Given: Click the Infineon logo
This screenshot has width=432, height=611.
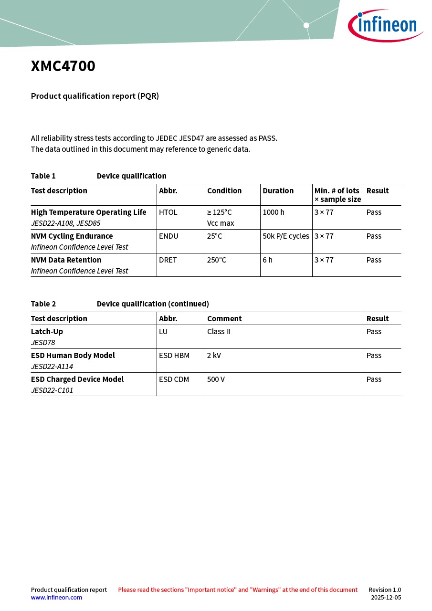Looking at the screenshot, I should pyautogui.click(x=385, y=25).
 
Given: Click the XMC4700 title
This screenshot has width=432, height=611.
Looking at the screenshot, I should pyautogui.click(x=63, y=66).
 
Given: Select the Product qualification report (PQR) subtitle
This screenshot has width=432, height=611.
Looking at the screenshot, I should pyautogui.click(x=95, y=96).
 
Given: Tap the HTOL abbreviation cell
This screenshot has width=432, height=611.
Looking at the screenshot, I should pyautogui.click(x=168, y=212).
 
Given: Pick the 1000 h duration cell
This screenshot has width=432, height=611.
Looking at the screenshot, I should pyautogui.click(x=274, y=212).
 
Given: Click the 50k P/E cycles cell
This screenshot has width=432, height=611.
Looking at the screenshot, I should pyautogui.click(x=286, y=236).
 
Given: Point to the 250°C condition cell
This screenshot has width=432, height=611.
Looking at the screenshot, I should pyautogui.click(x=217, y=260).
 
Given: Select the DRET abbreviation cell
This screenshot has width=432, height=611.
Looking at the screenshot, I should pyautogui.click(x=168, y=260).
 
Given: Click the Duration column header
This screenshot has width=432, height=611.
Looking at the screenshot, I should pyautogui.click(x=278, y=191).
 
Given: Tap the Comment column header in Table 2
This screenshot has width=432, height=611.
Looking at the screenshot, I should pyautogui.click(x=224, y=319).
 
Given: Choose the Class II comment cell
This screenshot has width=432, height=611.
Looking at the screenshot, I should pyautogui.click(x=219, y=332).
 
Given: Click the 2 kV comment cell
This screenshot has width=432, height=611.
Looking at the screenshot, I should pyautogui.click(x=214, y=356).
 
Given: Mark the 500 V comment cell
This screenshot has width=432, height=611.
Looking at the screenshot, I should pyautogui.click(x=216, y=379).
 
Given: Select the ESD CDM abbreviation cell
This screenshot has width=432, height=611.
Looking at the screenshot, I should pyautogui.click(x=174, y=379).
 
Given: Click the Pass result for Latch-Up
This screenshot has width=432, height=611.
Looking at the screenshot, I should pyautogui.click(x=374, y=332).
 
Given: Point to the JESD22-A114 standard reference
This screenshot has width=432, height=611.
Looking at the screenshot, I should pyautogui.click(x=52, y=367).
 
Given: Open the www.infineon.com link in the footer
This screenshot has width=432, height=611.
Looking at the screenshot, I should pyautogui.click(x=56, y=598).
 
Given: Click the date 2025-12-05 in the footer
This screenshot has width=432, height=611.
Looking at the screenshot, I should pyautogui.click(x=386, y=598).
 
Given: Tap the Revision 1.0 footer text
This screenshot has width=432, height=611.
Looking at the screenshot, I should pyautogui.click(x=384, y=590).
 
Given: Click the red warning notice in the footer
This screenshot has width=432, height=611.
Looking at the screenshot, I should pyautogui.click(x=238, y=590).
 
